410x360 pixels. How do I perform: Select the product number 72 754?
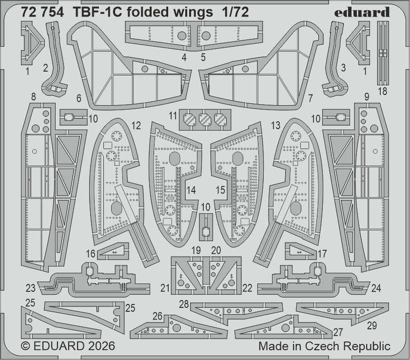pos(42,13)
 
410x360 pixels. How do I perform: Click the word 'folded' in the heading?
pos(149,13)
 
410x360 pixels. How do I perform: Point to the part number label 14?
pos(192,190)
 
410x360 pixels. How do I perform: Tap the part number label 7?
pos(310,98)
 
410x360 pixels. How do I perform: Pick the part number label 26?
pos(157,316)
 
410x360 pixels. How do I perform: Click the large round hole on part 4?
pos(181,35)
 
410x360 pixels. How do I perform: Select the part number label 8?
pos(33,97)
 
